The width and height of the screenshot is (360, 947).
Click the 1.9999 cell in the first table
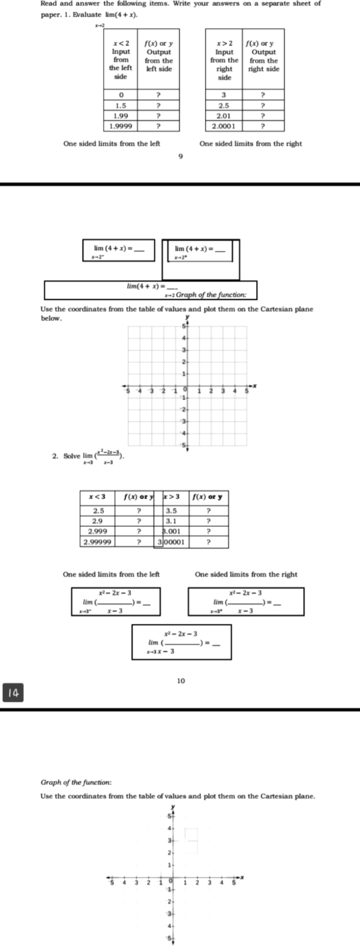coord(121,125)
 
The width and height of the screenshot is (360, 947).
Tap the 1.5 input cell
coord(121,106)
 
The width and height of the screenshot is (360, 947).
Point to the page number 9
coord(180,157)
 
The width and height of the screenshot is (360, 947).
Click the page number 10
coord(180,662)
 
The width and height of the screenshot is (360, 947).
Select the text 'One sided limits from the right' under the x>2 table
coord(251,143)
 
